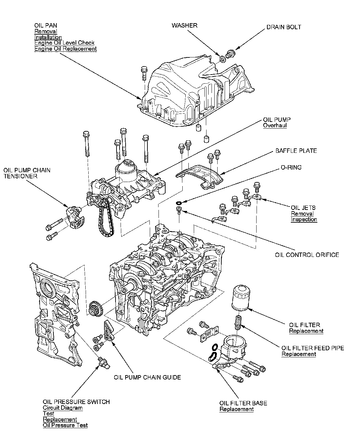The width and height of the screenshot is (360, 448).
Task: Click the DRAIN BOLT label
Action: pyautogui.click(x=283, y=27)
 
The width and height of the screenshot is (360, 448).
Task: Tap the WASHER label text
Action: pyautogui.click(x=184, y=26)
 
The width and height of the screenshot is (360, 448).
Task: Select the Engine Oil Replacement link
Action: pyautogui.click(x=65, y=49)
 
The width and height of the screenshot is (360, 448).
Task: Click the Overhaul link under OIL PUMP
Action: pyautogui.click(x=275, y=126)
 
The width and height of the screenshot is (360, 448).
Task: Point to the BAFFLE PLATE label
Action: pyautogui.click(x=296, y=151)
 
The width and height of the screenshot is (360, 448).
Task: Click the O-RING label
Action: pyautogui.click(x=291, y=167)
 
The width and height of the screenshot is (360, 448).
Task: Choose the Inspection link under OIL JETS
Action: pyautogui.click(x=304, y=219)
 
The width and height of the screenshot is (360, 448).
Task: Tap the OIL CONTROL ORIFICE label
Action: pyautogui.click(x=307, y=255)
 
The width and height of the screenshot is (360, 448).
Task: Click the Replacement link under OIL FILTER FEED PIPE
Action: pyautogui.click(x=299, y=354)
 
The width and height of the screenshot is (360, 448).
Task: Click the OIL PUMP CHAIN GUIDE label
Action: pyautogui.click(x=147, y=377)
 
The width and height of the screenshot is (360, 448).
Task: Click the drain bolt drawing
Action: pyautogui.click(x=230, y=54)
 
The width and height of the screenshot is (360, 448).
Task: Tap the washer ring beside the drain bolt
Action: pyautogui.click(x=223, y=59)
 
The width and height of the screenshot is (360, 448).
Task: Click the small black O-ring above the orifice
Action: pyautogui.click(x=179, y=203)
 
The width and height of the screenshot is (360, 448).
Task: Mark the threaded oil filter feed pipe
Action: pyautogui.click(x=238, y=322)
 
